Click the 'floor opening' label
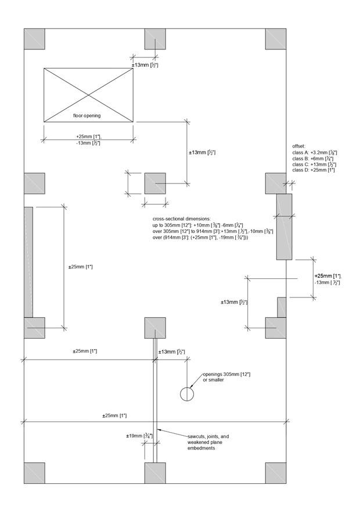pyautogui.click(x=87, y=116)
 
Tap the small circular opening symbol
pyautogui.click(x=187, y=394)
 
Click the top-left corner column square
pyautogui.click(x=34, y=38)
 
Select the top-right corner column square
pyautogui.click(x=276, y=38)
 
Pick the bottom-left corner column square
pyautogui.click(x=34, y=473)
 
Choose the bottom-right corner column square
pyautogui.click(x=276, y=473)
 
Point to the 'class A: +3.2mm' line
pyautogui.click(x=315, y=152)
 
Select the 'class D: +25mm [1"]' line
pyautogui.click(x=314, y=170)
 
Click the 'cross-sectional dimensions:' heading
pyautogui.click(x=181, y=218)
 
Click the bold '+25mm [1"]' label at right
pyautogui.click(x=327, y=276)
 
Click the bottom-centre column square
pyautogui.click(x=155, y=473)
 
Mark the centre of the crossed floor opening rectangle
pyautogui.click(x=88, y=95)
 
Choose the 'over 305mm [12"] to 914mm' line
pyautogui.click(x=212, y=231)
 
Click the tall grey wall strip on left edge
pyautogui.click(x=28, y=261)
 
